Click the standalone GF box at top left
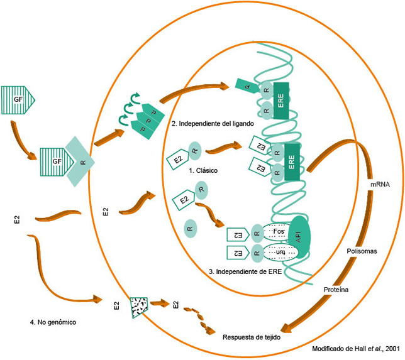coord(18,99)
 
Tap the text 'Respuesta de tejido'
coord(252,337)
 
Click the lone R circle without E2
coord(191,227)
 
